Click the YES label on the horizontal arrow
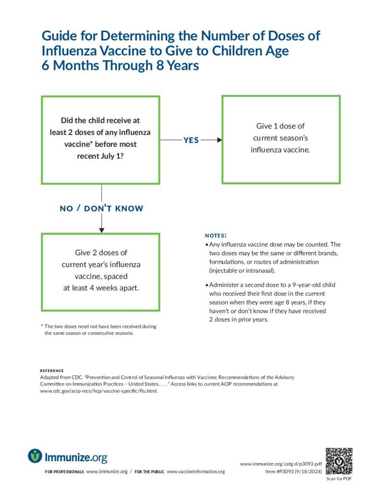tap(191, 140)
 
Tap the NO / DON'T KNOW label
tap(101, 209)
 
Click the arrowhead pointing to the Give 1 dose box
tap(219, 140)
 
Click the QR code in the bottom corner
tap(339, 461)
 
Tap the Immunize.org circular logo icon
tap(35, 456)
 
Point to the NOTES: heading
tap(216, 236)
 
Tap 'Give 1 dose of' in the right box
tap(281, 126)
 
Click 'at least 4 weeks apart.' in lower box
tap(101, 288)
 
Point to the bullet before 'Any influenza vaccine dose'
tap(207, 245)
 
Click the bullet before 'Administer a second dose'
tap(207, 285)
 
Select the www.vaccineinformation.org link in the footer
tap(196, 472)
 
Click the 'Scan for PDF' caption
tap(339, 479)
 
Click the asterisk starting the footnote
tap(42, 327)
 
